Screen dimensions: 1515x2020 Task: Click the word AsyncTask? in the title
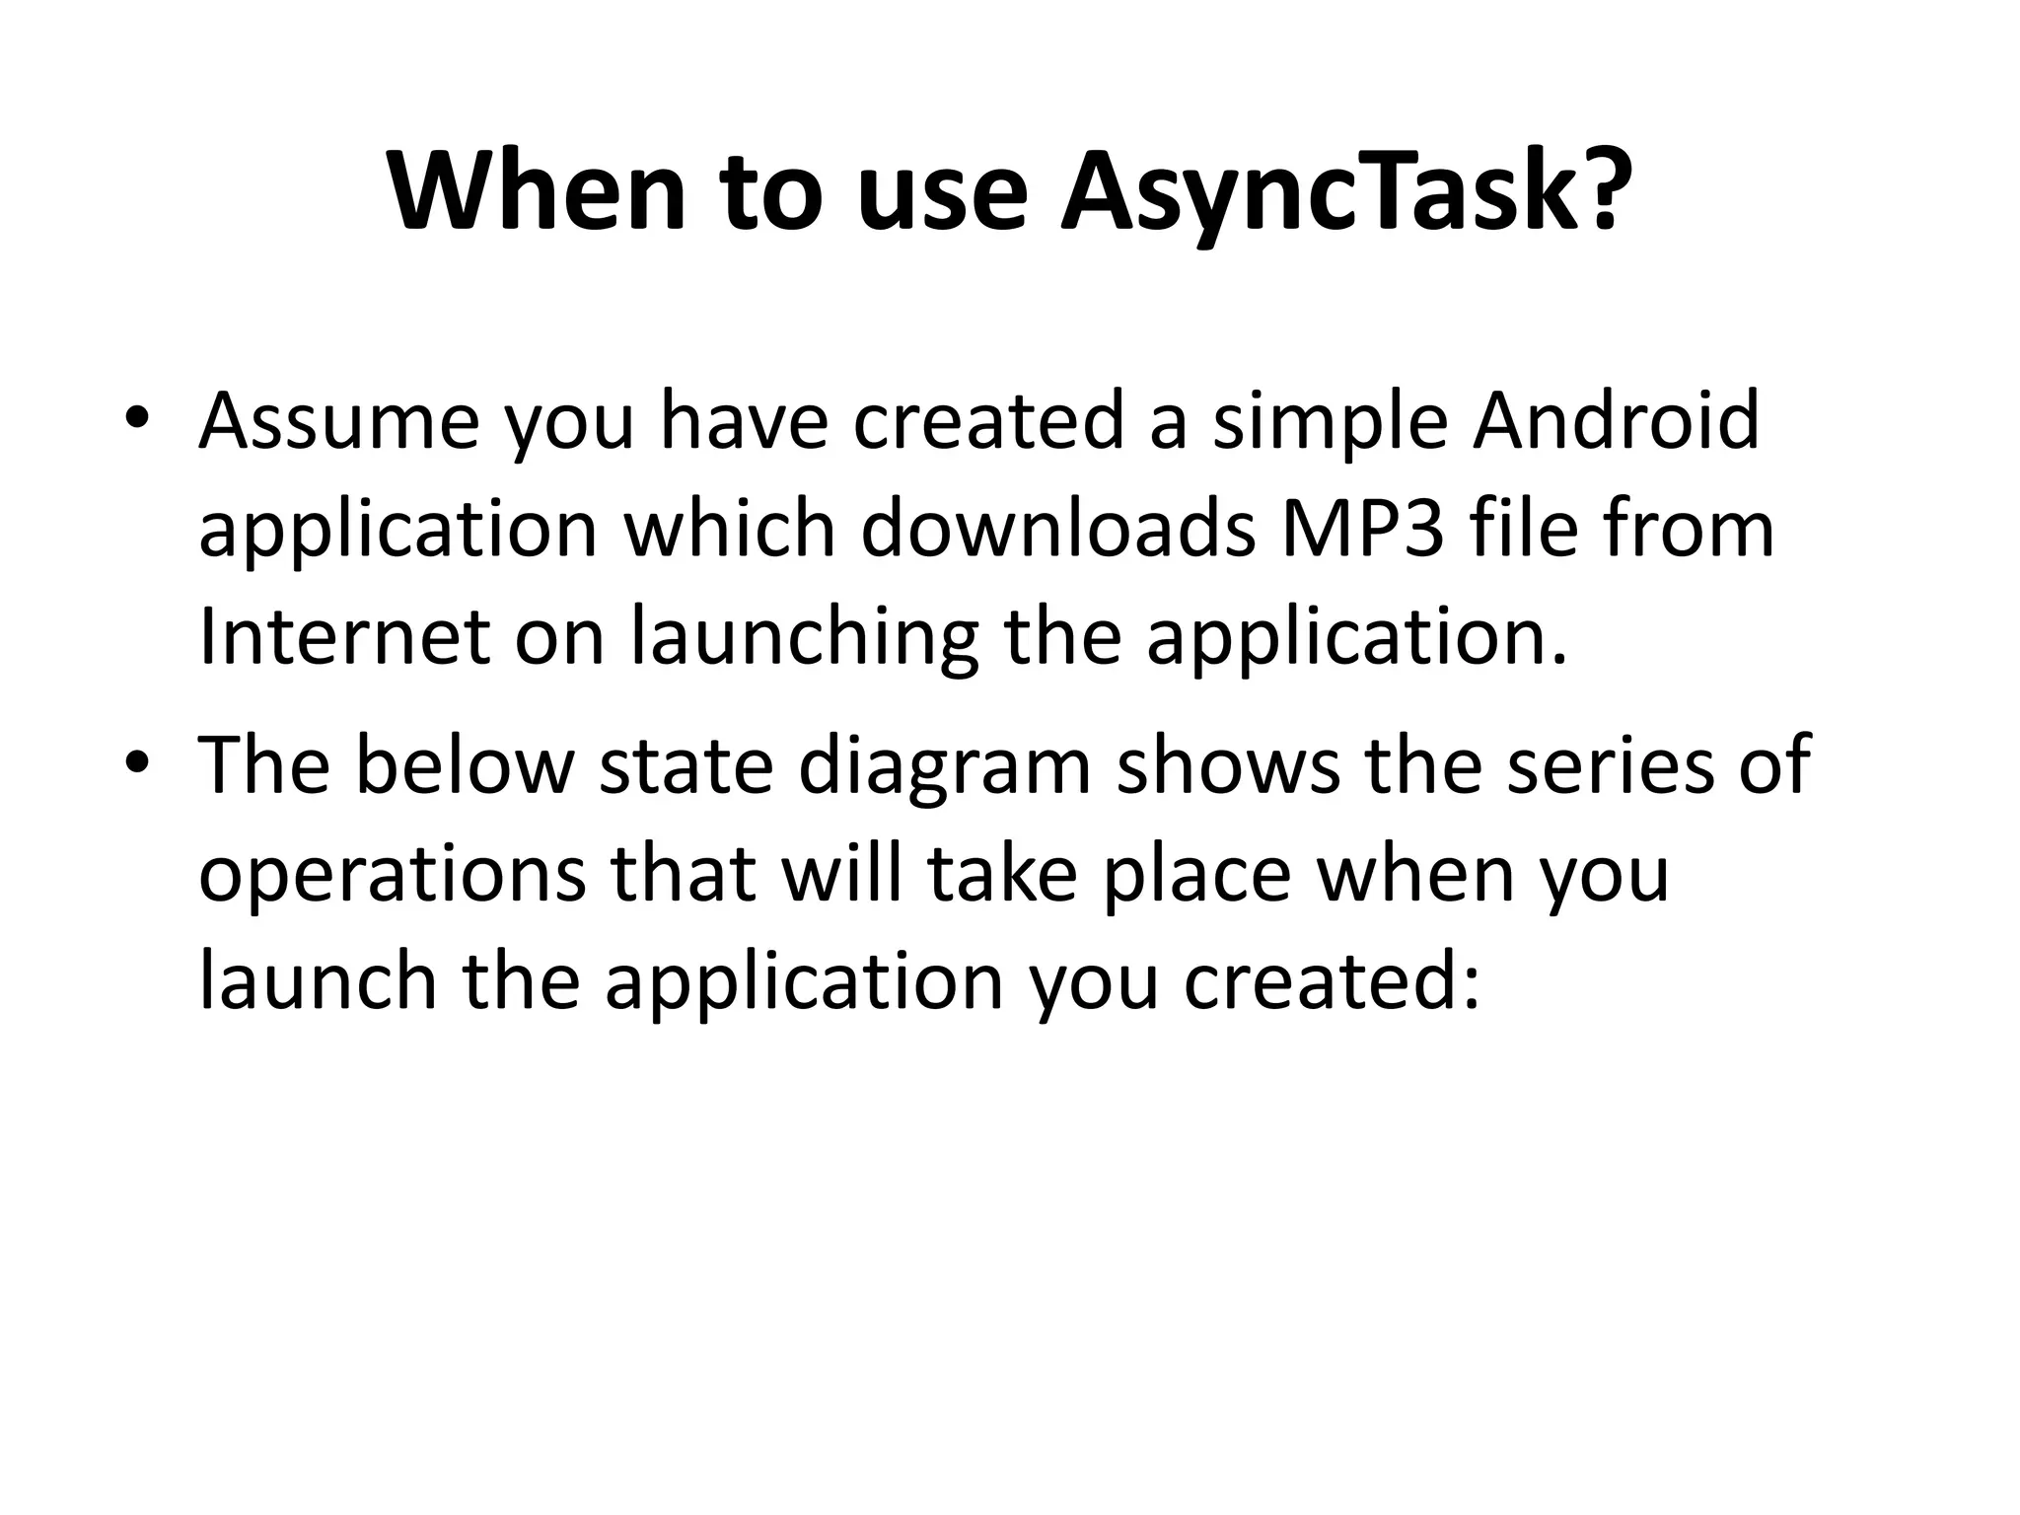pyautogui.click(x=1341, y=192)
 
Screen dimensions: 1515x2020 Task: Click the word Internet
pyautogui.click(x=343, y=637)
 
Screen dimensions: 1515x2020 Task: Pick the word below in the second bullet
pyautogui.click(x=464, y=766)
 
